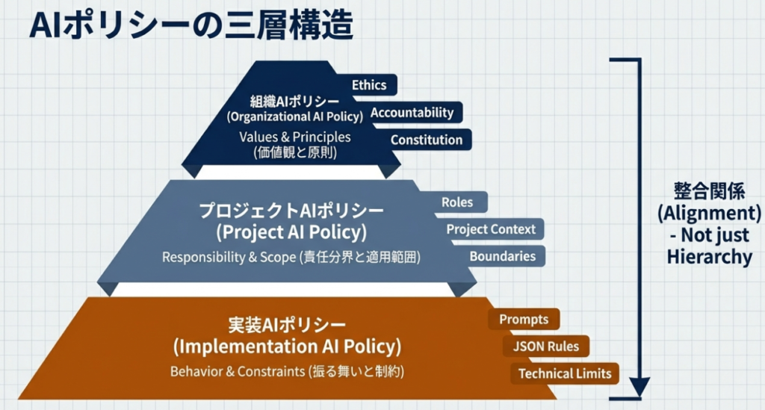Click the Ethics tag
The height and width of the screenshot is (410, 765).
[x=369, y=85]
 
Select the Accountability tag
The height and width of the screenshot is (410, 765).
[x=412, y=113]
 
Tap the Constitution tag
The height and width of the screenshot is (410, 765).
[x=427, y=140]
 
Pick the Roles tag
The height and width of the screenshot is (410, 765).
[x=457, y=202]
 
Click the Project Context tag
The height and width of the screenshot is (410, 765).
[x=491, y=229]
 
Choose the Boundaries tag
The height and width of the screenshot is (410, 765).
[x=502, y=256]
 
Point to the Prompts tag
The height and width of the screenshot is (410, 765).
[x=524, y=320]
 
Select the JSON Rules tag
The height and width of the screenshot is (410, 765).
[x=546, y=347]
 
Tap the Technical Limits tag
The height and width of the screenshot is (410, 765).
[x=564, y=373]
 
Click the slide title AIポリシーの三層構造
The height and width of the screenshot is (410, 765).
[x=190, y=27]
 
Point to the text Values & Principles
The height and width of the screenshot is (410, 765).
[x=294, y=137]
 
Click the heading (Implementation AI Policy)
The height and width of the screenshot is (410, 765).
[x=287, y=347]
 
